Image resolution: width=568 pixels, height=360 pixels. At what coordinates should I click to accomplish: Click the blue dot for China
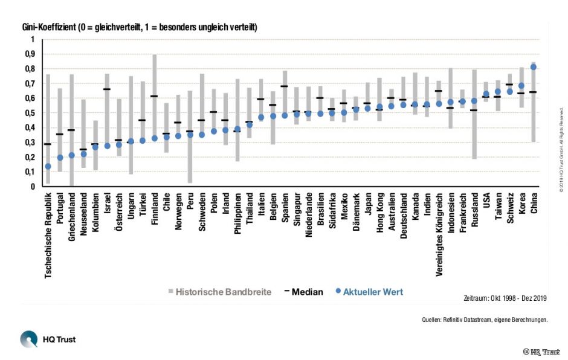coord(533,67)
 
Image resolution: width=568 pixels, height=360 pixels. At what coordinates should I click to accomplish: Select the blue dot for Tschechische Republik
coord(48,166)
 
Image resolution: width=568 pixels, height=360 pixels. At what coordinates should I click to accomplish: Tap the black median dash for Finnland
coord(154,96)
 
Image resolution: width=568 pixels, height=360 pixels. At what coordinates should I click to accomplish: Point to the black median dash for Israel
coord(107,89)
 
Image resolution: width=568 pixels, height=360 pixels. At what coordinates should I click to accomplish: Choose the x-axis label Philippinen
coord(237,227)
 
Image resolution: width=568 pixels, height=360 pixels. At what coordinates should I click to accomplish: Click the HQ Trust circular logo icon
coord(28,339)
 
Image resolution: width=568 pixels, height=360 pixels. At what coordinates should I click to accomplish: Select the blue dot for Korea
coord(521,86)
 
